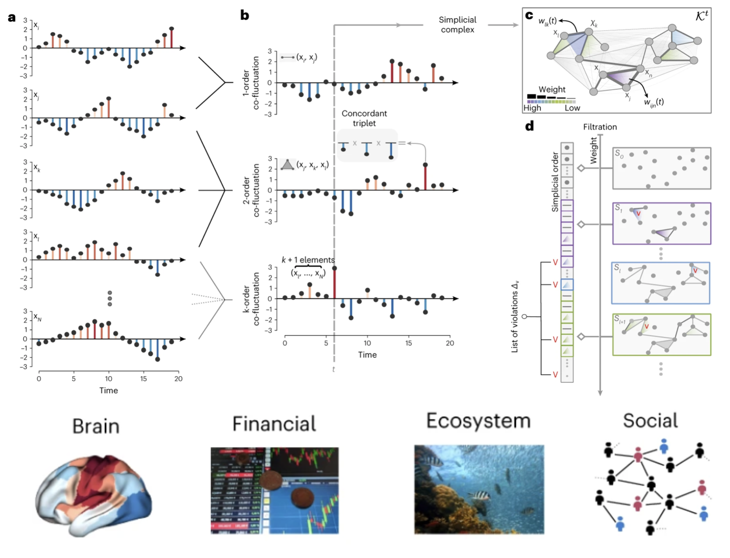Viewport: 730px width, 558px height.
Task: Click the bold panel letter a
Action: point(12,18)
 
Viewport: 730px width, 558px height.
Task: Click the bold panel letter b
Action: point(244,16)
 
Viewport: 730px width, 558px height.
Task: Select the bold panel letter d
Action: point(529,126)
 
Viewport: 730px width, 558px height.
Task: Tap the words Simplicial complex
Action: point(457,24)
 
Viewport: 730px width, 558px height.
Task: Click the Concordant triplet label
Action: point(364,118)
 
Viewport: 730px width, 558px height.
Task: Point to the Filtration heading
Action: point(600,127)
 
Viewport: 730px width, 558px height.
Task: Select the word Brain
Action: point(96,426)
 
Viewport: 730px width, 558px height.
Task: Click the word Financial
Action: point(274,424)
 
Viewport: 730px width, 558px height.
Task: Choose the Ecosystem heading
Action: point(478,421)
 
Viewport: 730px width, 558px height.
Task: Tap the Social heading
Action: point(650,421)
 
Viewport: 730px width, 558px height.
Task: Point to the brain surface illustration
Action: point(94,495)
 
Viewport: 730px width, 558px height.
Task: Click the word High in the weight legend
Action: point(532,108)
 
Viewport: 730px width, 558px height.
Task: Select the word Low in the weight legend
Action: point(572,108)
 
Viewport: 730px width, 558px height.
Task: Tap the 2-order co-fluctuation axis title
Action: point(251,190)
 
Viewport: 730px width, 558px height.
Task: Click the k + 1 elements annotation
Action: point(308,260)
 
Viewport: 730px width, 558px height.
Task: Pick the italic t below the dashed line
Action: point(333,370)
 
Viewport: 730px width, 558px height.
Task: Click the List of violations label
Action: point(515,316)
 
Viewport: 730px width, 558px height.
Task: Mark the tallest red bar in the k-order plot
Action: point(334,283)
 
